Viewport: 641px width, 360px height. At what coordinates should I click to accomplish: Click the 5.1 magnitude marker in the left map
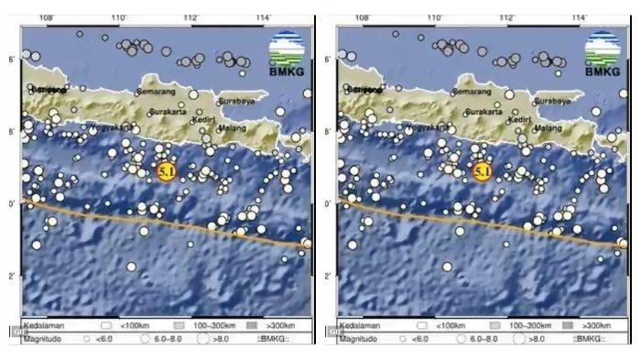pos(166,170)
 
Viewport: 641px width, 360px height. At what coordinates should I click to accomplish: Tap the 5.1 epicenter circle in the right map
pos(483,170)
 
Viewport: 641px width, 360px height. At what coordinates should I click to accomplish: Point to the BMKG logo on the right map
pos(602,52)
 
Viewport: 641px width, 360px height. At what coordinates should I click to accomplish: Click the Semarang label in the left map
pos(155,92)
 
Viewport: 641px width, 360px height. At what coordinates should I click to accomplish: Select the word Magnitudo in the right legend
pos(360,339)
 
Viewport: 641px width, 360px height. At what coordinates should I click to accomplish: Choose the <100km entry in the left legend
pos(132,325)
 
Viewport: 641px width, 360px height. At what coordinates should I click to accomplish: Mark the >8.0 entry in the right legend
pos(532,339)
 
